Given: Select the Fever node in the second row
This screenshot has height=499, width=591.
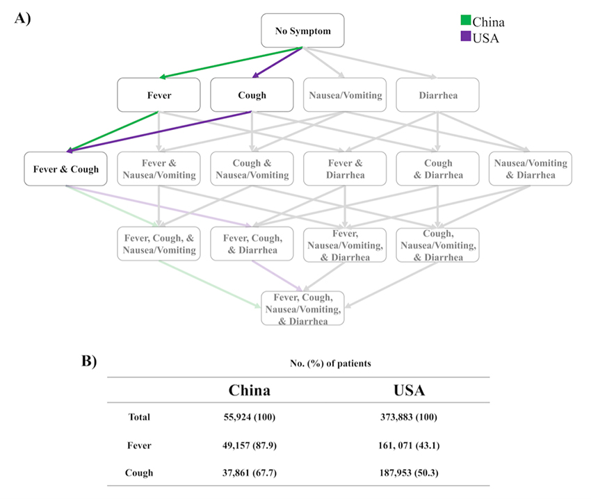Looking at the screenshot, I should click(x=159, y=95).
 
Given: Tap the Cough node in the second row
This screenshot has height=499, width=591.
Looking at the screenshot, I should click(x=252, y=95).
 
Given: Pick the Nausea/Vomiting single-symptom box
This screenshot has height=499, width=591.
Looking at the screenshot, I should click(x=344, y=95).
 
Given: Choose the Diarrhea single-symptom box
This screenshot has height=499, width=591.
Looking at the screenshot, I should click(x=437, y=95).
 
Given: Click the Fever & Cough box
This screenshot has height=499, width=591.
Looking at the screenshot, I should click(x=65, y=168).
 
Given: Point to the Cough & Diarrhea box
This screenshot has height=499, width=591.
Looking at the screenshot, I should click(x=437, y=169).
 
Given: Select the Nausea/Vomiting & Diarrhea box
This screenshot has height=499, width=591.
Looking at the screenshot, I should click(x=530, y=169).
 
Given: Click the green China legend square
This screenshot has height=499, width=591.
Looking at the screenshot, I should click(x=465, y=22).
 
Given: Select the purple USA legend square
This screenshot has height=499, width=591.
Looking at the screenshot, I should click(x=465, y=35).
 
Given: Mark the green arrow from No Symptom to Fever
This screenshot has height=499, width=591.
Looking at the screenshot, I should click(x=229, y=63).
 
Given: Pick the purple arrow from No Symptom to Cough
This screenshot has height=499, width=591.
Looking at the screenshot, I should click(x=278, y=63).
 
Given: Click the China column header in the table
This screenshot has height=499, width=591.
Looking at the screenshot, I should click(x=250, y=391).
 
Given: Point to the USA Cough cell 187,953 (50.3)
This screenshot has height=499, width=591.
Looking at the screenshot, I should click(x=405, y=473).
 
